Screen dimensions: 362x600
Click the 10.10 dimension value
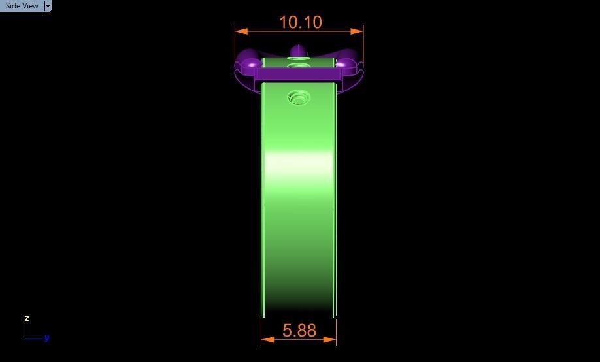(300, 22)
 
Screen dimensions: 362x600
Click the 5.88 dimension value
(299, 331)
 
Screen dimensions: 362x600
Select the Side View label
(22, 6)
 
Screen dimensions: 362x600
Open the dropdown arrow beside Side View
(48, 6)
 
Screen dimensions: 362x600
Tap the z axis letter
(27, 318)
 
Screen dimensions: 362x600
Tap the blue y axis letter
(47, 338)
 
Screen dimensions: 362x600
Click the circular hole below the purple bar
(299, 98)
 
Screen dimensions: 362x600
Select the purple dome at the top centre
(298, 51)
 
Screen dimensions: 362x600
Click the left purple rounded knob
(249, 61)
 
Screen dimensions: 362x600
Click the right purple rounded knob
(346, 61)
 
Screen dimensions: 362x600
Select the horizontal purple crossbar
(298, 74)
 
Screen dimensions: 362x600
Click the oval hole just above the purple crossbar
(299, 65)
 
